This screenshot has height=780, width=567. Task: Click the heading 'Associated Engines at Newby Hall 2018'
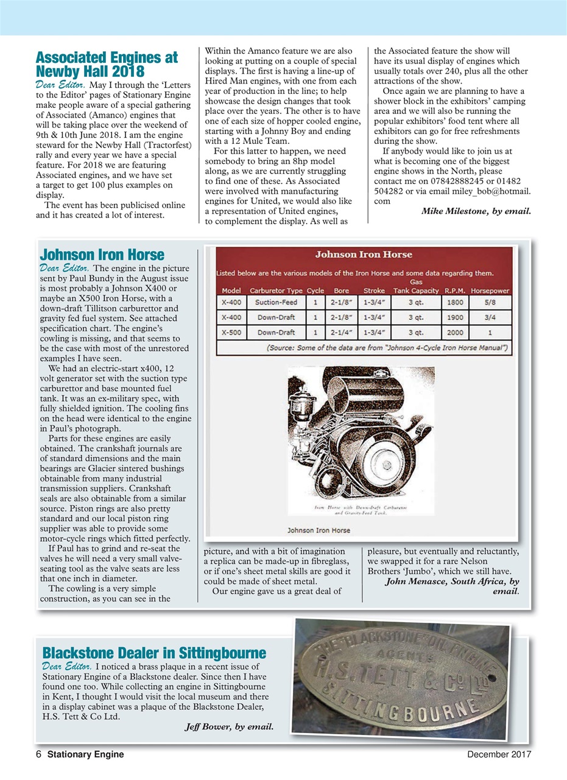click(107, 65)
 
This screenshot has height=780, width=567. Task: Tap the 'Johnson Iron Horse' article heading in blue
click(101, 253)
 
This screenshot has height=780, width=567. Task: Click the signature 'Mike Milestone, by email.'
click(476, 211)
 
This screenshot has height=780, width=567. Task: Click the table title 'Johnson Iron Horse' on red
click(363, 254)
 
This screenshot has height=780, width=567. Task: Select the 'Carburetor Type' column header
click(276, 291)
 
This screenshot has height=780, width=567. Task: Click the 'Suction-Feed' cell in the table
click(276, 302)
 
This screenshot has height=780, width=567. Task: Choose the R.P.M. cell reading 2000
click(455, 333)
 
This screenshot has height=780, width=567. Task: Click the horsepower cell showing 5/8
click(490, 302)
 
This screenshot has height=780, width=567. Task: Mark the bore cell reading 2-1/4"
click(341, 333)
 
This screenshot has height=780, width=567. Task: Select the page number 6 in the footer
click(38, 754)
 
